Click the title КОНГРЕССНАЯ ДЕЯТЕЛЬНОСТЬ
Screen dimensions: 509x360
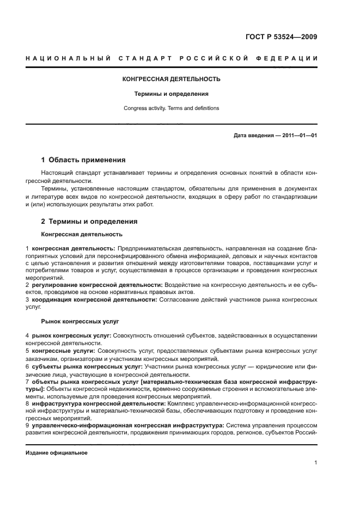(x=171, y=79)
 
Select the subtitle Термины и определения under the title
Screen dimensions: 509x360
(x=172, y=94)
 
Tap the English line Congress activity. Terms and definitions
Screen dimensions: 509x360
(x=172, y=108)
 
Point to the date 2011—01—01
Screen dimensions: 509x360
(x=298, y=135)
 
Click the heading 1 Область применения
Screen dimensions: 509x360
(x=83, y=160)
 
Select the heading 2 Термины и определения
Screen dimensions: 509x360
(x=89, y=222)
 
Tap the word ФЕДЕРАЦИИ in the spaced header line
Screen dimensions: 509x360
(x=287, y=58)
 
